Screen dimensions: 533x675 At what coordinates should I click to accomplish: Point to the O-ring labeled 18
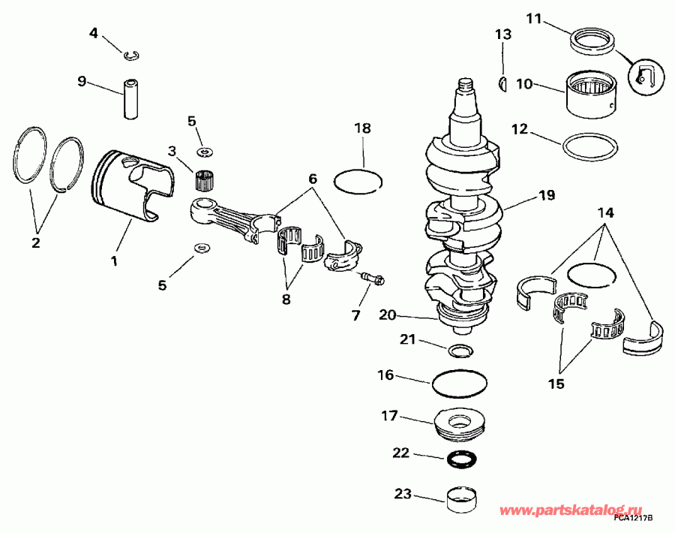coord(357,180)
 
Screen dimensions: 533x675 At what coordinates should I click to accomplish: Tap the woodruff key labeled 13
coord(503,82)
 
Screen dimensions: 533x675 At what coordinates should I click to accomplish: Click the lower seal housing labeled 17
coord(461,424)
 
